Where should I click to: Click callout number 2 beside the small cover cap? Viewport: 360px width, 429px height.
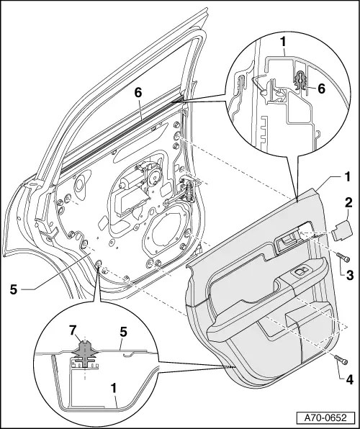[348, 204]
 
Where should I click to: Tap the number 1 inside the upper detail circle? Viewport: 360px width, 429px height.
[283, 43]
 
